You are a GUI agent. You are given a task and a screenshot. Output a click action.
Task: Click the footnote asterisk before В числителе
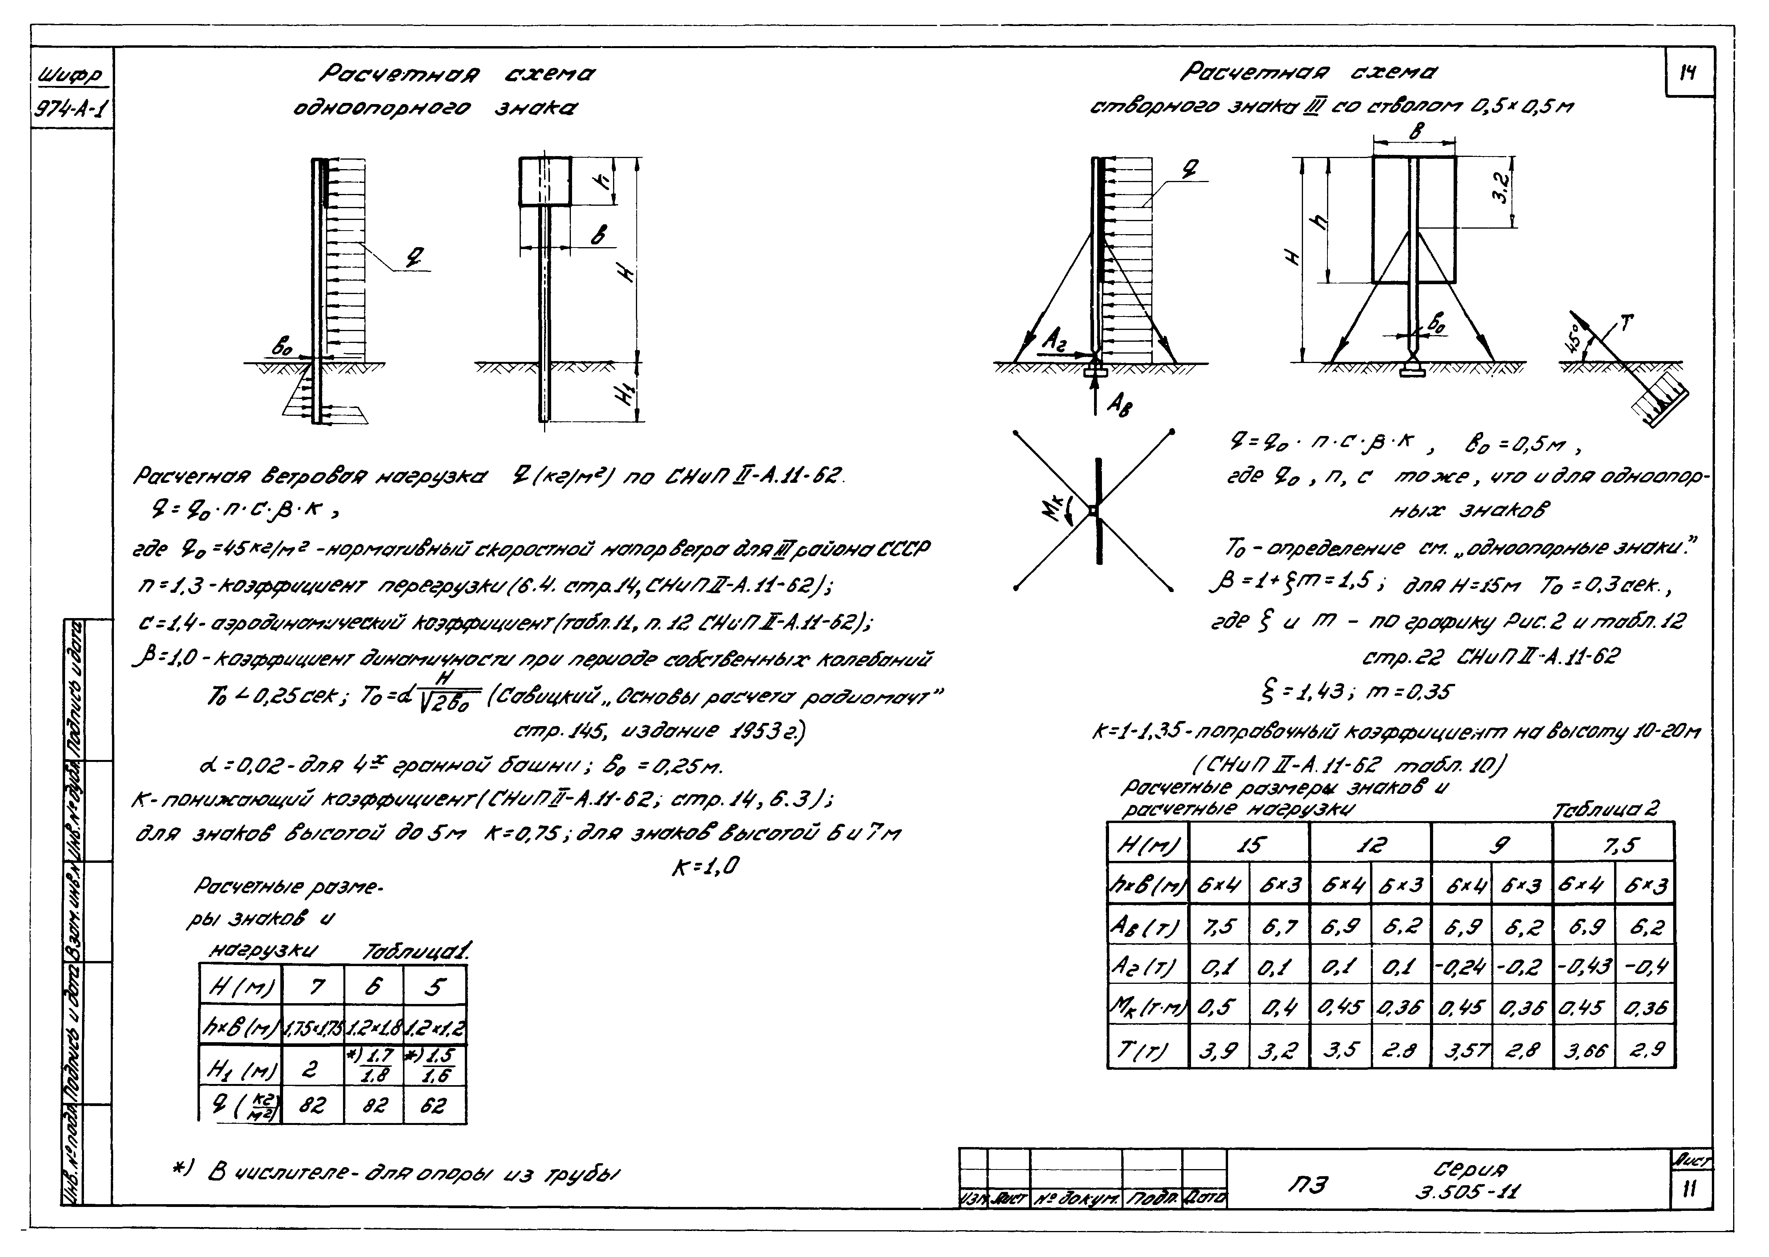182,1171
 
